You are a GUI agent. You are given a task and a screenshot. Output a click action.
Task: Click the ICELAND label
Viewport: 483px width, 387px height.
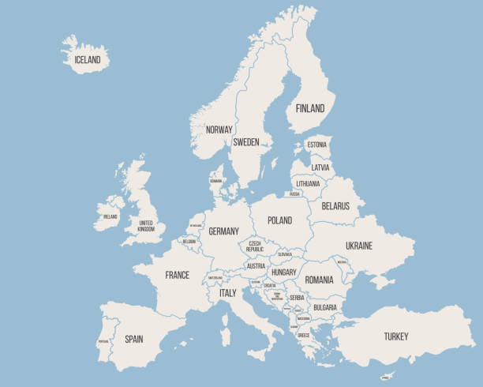tap(88, 59)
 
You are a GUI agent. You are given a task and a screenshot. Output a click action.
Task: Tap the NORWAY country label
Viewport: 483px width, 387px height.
tap(219, 130)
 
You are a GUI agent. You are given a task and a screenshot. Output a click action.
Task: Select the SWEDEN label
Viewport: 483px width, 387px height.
tap(245, 142)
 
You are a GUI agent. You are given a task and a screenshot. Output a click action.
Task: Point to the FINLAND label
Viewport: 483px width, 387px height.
tap(309, 108)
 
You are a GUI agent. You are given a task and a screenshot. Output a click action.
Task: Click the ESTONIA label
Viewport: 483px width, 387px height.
tap(316, 145)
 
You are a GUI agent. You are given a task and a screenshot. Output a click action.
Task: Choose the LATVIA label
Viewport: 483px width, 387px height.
tap(320, 167)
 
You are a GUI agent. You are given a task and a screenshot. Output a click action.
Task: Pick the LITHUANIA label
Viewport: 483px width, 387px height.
tap(309, 183)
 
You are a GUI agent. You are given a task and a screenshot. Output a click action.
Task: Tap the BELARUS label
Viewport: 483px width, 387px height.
tap(335, 205)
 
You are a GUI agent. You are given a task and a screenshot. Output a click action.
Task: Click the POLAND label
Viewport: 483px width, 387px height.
tap(279, 220)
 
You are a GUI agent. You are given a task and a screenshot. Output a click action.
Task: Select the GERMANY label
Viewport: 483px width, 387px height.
tap(223, 231)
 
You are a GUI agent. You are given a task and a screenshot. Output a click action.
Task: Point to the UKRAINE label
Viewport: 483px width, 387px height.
tap(358, 246)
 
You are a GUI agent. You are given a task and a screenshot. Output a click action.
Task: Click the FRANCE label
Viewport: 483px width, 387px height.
tap(177, 275)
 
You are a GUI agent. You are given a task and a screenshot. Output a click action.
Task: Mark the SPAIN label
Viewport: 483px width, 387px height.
tap(133, 339)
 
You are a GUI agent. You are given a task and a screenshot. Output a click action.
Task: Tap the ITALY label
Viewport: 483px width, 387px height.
tap(227, 292)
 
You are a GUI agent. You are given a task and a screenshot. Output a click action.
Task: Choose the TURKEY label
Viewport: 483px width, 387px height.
tap(396, 336)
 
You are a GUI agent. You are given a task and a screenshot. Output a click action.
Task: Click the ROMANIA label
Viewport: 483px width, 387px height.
tap(319, 280)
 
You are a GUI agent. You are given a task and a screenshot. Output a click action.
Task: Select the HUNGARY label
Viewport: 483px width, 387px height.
tap(283, 272)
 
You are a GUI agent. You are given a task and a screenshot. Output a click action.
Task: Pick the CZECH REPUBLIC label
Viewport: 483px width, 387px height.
tap(255, 246)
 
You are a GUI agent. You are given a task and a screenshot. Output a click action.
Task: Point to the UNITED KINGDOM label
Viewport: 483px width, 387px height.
tap(146, 226)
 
